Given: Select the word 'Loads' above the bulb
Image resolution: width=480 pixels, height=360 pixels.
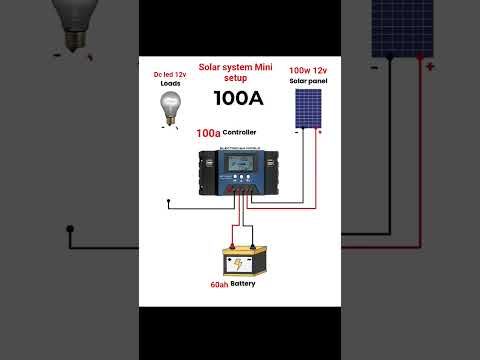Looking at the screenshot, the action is click(x=170, y=85).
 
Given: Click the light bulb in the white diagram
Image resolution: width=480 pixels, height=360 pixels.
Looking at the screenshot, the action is click(x=171, y=110).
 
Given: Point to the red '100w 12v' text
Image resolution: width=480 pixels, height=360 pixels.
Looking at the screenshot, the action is click(x=307, y=71).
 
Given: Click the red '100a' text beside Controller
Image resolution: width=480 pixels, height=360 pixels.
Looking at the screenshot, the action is click(x=208, y=132).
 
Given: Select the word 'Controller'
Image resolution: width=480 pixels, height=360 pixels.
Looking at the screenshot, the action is click(x=241, y=132).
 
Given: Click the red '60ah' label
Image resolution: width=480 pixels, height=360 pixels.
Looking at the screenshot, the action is click(x=219, y=285).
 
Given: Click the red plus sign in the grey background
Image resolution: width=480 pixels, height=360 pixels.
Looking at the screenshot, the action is click(x=430, y=67).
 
